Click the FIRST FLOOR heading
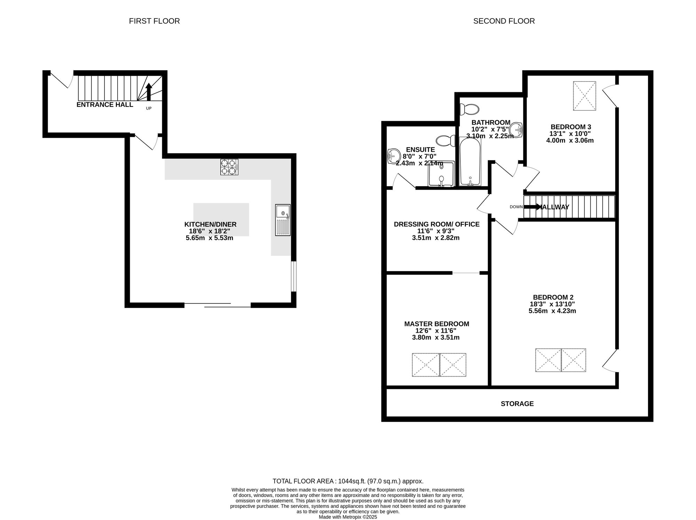pos(154,21)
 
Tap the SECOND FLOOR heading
pos(504,21)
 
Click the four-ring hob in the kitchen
pos(229,167)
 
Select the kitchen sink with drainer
pos(283,220)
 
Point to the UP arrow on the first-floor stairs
pos(149,92)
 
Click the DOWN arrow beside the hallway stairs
pos(532,207)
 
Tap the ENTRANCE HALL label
pos(105,104)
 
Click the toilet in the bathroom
pos(469,109)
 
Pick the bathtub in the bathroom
pos(470,161)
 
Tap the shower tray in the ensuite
pos(441,174)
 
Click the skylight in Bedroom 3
pos(585,96)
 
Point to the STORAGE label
pos(517,404)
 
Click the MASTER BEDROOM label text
pos(437,324)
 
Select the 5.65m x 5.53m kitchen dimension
pos(209,238)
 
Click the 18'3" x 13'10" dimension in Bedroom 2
pos(552,304)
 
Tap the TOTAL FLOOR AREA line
pos(348,481)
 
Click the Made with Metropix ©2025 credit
pos(348,517)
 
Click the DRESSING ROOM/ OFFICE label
pos(437,224)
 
